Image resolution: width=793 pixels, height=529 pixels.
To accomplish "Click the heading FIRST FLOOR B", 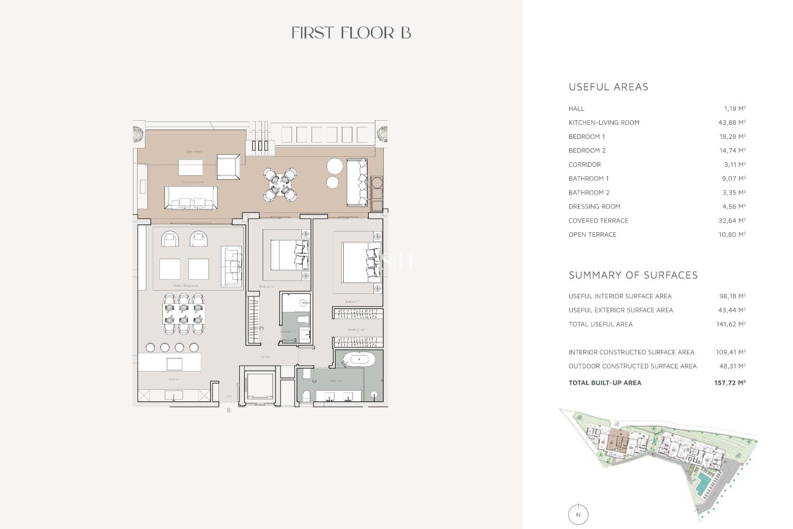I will (351, 33).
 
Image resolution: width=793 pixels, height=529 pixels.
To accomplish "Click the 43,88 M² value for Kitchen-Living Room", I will (731, 122).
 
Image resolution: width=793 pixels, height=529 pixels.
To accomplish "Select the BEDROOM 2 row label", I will (586, 150).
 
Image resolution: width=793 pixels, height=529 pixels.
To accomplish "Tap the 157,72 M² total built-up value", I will (729, 383).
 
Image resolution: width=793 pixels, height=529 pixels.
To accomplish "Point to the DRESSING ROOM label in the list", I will (594, 207).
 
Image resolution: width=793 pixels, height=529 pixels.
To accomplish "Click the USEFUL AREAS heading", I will (608, 87).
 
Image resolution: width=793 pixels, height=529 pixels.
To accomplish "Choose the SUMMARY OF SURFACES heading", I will (633, 275).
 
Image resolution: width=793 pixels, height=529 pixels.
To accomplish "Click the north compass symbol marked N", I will (578, 515).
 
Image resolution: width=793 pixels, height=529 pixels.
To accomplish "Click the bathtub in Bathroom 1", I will (359, 360).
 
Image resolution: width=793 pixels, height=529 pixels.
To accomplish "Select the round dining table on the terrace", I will (280, 185).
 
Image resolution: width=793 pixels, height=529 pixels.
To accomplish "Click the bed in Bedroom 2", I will (288, 255).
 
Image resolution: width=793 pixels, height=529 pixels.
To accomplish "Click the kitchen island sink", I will (174, 364).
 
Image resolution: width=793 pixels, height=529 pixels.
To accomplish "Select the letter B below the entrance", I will (229, 410).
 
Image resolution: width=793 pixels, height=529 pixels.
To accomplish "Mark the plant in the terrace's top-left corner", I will (138, 133).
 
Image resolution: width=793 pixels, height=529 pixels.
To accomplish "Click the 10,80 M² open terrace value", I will (731, 234).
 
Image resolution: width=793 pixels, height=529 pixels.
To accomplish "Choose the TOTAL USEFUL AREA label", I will (600, 324).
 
